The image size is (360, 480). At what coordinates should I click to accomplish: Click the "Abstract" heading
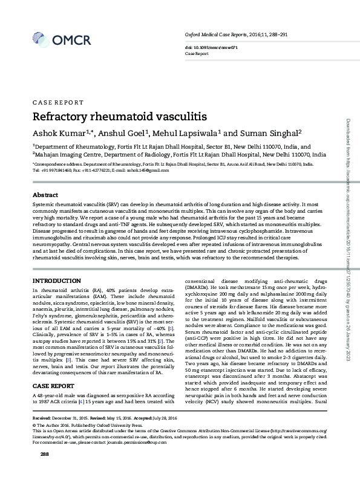[x=45, y=195]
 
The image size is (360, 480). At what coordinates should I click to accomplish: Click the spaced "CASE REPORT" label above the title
[x=58, y=103]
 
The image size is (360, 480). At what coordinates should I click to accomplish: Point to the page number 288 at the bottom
[x=44, y=470]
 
